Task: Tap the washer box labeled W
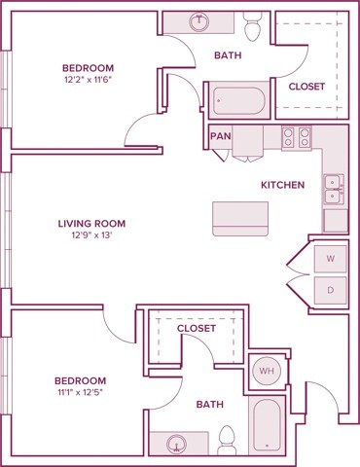pyautogui.click(x=330, y=259)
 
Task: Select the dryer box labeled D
pyautogui.click(x=330, y=290)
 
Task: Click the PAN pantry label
pyautogui.click(x=219, y=136)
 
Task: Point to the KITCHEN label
pyautogui.click(x=283, y=185)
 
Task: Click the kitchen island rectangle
pyautogui.click(x=239, y=218)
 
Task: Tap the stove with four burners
pyautogui.click(x=296, y=137)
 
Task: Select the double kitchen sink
pyautogui.click(x=333, y=188)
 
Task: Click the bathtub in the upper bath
pyautogui.click(x=237, y=100)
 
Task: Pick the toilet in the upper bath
pyautogui.click(x=255, y=29)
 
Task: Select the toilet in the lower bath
pyautogui.click(x=228, y=440)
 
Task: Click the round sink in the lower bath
pyautogui.click(x=177, y=444)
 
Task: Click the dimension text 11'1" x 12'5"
pyautogui.click(x=79, y=394)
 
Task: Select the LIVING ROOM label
pyautogui.click(x=91, y=223)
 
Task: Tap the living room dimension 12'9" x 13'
pyautogui.click(x=91, y=236)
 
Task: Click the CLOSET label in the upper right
pyautogui.click(x=306, y=87)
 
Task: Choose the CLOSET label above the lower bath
pyautogui.click(x=196, y=329)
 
